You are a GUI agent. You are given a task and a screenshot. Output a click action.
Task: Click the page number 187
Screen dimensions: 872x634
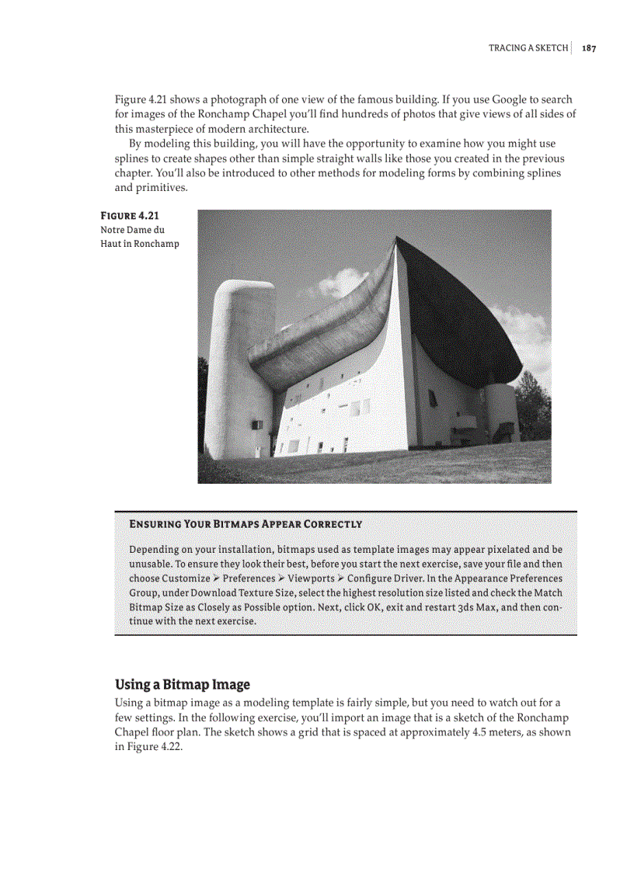click(588, 48)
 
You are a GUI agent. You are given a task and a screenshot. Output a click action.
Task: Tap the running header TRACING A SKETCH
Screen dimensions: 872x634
click(528, 48)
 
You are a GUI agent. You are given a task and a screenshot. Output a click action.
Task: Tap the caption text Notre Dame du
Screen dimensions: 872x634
click(132, 230)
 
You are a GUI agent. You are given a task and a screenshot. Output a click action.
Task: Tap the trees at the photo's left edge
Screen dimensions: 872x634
click(203, 404)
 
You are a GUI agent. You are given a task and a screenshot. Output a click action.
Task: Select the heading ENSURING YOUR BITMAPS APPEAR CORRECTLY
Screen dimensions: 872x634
click(245, 523)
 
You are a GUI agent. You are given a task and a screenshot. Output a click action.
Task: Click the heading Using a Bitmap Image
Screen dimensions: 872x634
click(183, 684)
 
